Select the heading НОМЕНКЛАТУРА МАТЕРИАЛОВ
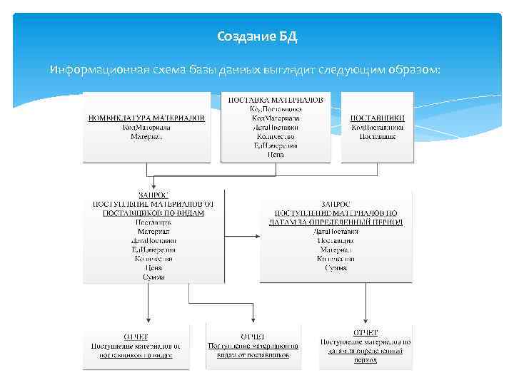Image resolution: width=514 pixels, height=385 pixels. pyautogui.click(x=146, y=118)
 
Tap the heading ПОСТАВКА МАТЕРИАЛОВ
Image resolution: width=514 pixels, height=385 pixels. pyautogui.click(x=276, y=100)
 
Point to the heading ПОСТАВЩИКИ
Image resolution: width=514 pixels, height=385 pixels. pyautogui.click(x=378, y=118)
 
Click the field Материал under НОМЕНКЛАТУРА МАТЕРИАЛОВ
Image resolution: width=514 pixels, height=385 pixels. pyautogui.click(x=146, y=136)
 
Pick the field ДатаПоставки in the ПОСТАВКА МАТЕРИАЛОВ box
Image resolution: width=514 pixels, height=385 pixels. pyautogui.click(x=276, y=127)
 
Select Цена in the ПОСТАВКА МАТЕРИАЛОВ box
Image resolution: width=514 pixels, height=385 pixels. pyautogui.click(x=276, y=154)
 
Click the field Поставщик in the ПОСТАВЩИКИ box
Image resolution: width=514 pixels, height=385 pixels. pyautogui.click(x=378, y=136)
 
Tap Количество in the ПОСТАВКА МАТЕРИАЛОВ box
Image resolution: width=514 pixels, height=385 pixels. pyautogui.click(x=276, y=136)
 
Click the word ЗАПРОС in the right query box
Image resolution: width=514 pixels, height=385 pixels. pyautogui.click(x=336, y=203)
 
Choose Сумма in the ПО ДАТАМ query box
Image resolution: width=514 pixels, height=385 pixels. pyautogui.click(x=336, y=268)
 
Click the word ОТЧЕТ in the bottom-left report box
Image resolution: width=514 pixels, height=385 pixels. pyautogui.click(x=136, y=336)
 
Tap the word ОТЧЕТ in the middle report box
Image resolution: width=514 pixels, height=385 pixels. pyautogui.click(x=253, y=336)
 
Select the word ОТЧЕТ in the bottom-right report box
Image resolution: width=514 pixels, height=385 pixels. pyautogui.click(x=366, y=332)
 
